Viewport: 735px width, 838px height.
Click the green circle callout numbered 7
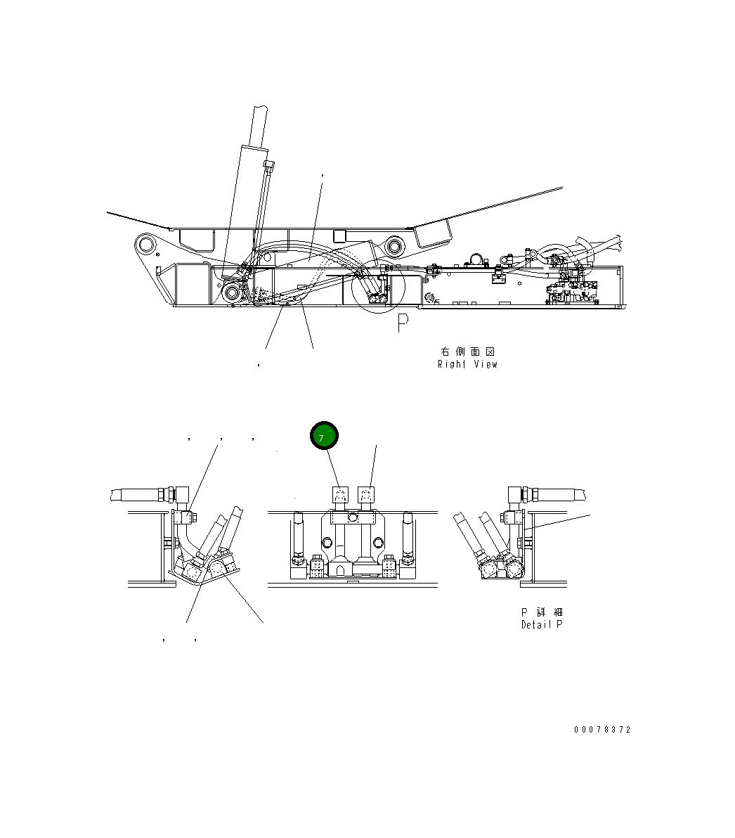tap(324, 437)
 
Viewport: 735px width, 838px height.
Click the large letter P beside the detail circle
tap(403, 323)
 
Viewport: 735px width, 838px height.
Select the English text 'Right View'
tap(467, 364)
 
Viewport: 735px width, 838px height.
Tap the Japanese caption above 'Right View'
tap(468, 352)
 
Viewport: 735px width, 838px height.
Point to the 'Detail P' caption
tap(541, 624)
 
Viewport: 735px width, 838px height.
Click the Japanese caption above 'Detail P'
tap(541, 612)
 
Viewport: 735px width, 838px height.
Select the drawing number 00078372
tap(602, 730)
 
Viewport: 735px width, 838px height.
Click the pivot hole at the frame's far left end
tap(146, 245)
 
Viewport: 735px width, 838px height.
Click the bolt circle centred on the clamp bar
tap(353, 519)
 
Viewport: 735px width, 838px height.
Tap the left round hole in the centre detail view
tap(326, 542)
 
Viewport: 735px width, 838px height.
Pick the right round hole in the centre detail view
tap(379, 542)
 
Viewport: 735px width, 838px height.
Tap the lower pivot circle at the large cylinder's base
tap(232, 291)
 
